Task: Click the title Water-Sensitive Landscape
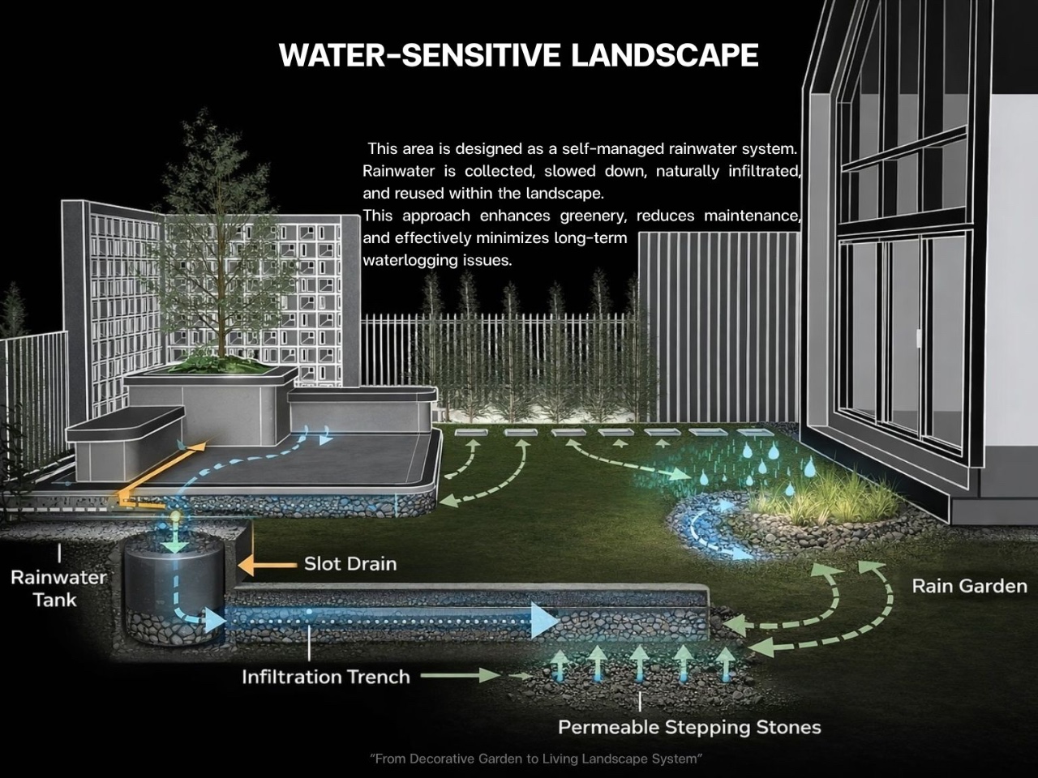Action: (518, 55)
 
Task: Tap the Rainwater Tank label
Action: (58, 588)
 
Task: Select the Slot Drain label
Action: (350, 563)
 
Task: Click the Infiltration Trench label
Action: (326, 677)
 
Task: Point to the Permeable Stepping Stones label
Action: (689, 727)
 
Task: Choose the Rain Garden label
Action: (969, 586)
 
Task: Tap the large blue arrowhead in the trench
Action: (543, 620)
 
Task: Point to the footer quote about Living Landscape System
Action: (535, 759)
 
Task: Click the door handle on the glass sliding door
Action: (919, 336)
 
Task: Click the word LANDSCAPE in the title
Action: (665, 55)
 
